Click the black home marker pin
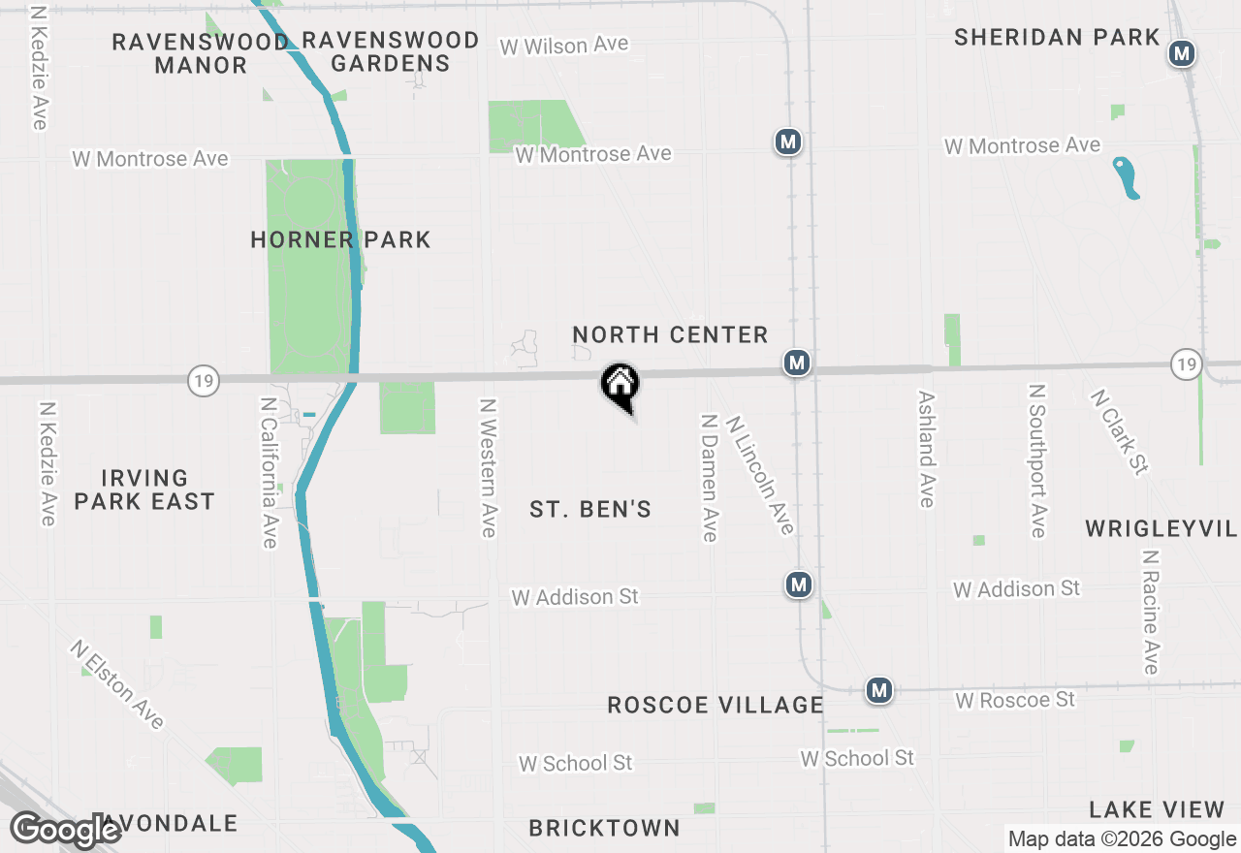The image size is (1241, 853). click(620, 385)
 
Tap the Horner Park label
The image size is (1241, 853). click(340, 239)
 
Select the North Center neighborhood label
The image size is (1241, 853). click(670, 335)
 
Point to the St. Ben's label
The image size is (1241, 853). click(590, 509)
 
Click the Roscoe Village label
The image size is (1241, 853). click(716, 705)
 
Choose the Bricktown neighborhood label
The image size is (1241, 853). click(604, 828)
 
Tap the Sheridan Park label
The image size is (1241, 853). click(1057, 38)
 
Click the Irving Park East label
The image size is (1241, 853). click(144, 490)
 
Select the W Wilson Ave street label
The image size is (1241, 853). click(563, 46)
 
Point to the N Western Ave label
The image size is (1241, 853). click(488, 467)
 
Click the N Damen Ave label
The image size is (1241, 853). click(710, 478)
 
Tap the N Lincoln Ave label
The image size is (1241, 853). click(761, 475)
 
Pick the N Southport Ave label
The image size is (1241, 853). click(1037, 460)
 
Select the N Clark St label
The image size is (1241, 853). click(1119, 432)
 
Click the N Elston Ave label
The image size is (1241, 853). click(116, 683)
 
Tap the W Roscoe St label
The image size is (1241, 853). click(1015, 699)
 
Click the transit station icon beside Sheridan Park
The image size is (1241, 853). click(1181, 53)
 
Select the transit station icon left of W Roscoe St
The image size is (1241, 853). click(879, 690)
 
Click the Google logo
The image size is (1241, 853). click(65, 831)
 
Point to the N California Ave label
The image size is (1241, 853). click(269, 472)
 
